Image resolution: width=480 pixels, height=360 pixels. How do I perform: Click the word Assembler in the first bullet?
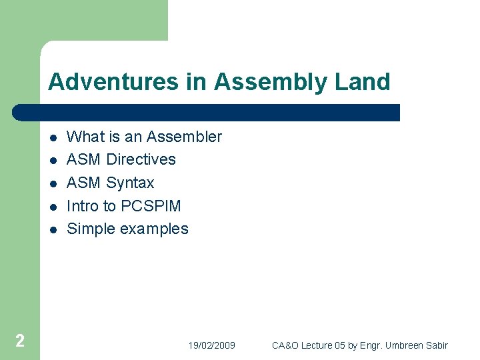(x=184, y=137)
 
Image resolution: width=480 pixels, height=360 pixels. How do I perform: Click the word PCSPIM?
(x=151, y=206)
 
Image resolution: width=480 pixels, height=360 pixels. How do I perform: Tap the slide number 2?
(x=20, y=341)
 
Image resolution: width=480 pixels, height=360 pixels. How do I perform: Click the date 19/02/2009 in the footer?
(x=211, y=345)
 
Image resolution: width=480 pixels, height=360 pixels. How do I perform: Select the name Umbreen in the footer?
(x=403, y=345)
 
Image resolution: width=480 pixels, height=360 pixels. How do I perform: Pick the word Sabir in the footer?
(x=437, y=345)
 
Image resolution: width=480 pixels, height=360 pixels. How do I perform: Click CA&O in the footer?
(x=285, y=345)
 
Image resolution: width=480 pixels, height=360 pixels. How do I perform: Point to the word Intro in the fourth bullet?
(x=82, y=206)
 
